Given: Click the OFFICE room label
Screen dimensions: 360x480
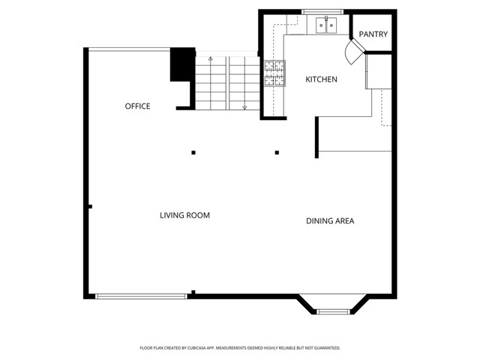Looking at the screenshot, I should pyautogui.click(x=137, y=106).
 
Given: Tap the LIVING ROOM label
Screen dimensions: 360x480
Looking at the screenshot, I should pyautogui.click(x=184, y=215).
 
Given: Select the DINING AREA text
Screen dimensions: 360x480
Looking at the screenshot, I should pyautogui.click(x=330, y=220).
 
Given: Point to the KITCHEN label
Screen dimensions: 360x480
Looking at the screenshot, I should pyautogui.click(x=321, y=79).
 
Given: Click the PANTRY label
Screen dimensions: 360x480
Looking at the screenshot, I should pyautogui.click(x=373, y=34).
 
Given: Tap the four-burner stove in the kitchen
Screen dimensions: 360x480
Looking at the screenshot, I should pyautogui.click(x=274, y=73).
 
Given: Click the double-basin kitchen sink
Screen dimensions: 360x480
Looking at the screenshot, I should pyautogui.click(x=325, y=26).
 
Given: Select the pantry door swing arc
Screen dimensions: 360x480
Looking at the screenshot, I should pyautogui.click(x=351, y=52).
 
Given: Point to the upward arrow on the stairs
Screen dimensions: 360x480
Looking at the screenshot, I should pyautogui.click(x=211, y=58).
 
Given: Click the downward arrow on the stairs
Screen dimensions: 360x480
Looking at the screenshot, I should pyautogui.click(x=244, y=106).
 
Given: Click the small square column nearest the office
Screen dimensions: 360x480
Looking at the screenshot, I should pyautogui.click(x=193, y=152).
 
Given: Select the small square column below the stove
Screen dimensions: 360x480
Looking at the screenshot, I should pyautogui.click(x=277, y=152).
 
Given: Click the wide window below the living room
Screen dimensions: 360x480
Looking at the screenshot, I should pyautogui.click(x=141, y=296).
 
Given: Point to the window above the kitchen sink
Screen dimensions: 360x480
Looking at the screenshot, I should pyautogui.click(x=322, y=12).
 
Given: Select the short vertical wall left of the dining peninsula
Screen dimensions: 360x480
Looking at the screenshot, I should pyautogui.click(x=316, y=137).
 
